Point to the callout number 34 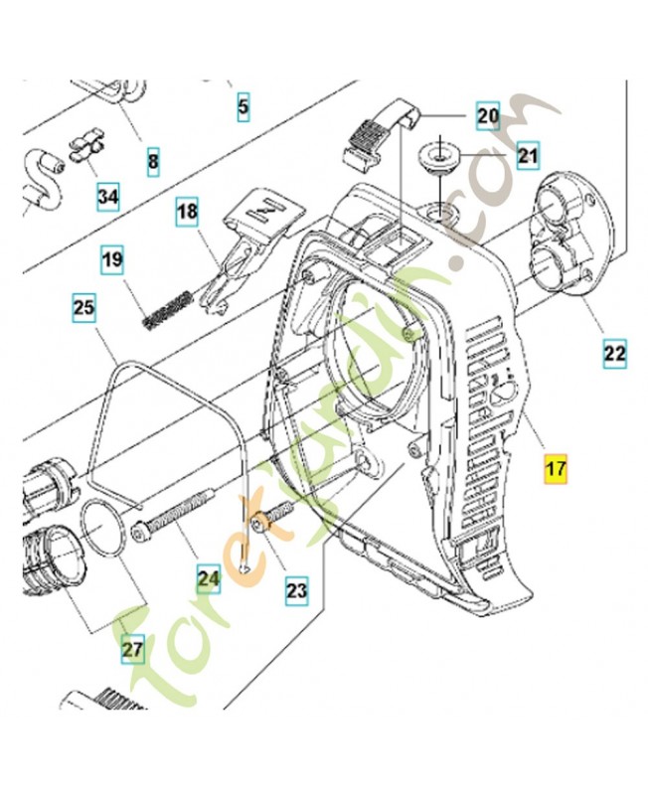click(x=107, y=198)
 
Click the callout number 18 click(x=188, y=211)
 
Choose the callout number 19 click(x=112, y=262)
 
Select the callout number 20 click(x=487, y=115)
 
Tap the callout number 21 click(x=527, y=155)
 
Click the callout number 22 click(x=614, y=352)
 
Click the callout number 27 click(x=132, y=650)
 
